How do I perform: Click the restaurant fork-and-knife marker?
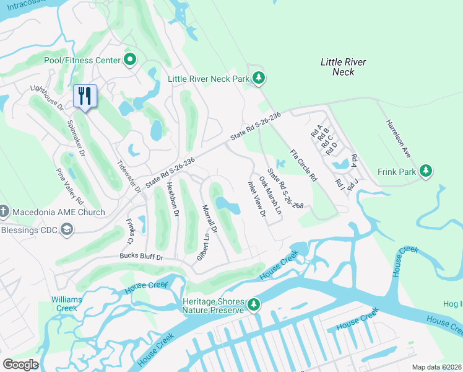(85, 95)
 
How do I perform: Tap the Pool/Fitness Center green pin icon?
(130, 60)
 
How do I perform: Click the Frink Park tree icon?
(425, 170)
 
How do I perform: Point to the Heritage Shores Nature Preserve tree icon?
(253, 304)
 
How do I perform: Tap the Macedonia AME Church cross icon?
(3, 212)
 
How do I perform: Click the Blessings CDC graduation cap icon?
(66, 230)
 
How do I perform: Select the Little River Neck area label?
(343, 67)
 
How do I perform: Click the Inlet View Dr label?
(257, 199)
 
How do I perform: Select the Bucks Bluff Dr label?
(142, 257)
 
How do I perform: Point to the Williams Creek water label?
(66, 304)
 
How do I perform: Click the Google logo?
(21, 364)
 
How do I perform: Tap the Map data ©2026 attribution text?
(436, 367)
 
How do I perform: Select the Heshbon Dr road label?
(172, 199)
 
